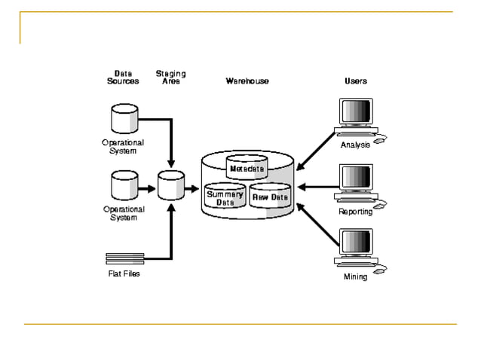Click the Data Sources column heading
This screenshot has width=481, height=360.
[122, 77]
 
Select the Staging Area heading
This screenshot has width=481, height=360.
[170, 77]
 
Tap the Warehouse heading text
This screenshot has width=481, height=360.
[247, 81]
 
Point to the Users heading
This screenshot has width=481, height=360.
[356, 81]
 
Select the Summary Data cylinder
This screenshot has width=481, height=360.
[225, 197]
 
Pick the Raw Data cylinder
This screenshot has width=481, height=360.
[270, 197]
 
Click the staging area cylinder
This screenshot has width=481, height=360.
[171, 185]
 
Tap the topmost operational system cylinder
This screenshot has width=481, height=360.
[124, 117]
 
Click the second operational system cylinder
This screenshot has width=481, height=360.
[124, 185]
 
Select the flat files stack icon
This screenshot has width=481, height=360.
[124, 258]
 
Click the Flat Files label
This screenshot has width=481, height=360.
[124, 273]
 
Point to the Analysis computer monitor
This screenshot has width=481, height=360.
[356, 113]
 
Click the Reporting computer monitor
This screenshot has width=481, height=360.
[356, 178]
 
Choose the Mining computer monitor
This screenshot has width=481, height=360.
[356, 244]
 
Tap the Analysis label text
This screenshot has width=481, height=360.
[355, 145]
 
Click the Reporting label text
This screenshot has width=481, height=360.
[355, 212]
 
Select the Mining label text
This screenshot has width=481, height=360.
[355, 276]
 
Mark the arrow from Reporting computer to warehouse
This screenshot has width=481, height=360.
[317, 186]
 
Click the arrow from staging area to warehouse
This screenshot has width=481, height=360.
[193, 186]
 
